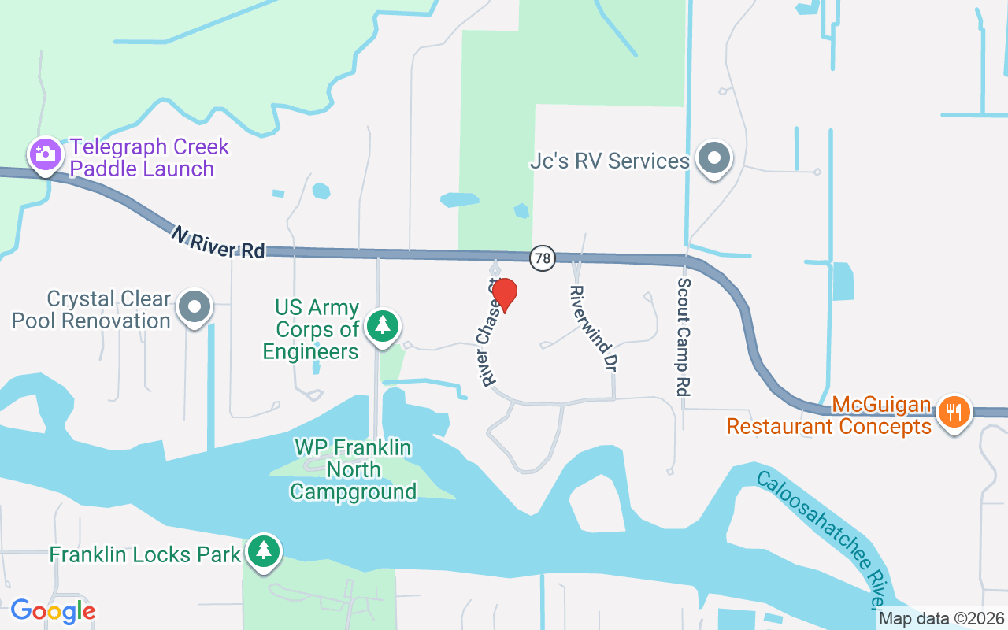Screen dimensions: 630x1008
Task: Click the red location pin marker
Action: pos(504,295)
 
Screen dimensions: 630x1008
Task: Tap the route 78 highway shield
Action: pos(542,258)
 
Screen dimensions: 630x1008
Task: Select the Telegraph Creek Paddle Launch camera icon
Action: pos(46,154)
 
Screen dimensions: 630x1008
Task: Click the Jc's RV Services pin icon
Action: pos(714,158)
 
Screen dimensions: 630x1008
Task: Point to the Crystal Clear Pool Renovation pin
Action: pos(195,308)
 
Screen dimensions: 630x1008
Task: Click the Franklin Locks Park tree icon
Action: pos(263,552)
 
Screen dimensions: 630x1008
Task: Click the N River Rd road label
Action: pos(218,242)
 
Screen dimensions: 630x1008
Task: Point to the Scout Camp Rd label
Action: pos(683,337)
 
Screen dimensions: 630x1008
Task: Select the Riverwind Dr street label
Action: pos(591,328)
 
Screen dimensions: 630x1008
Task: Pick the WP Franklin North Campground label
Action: pos(353,470)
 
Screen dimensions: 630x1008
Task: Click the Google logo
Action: pos(53,611)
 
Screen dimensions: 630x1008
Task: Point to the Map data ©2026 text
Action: pos(941,619)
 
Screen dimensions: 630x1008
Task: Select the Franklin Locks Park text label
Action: pos(145,554)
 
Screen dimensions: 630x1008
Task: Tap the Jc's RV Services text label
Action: pos(610,161)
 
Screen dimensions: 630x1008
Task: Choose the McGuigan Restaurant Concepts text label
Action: pos(829,417)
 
